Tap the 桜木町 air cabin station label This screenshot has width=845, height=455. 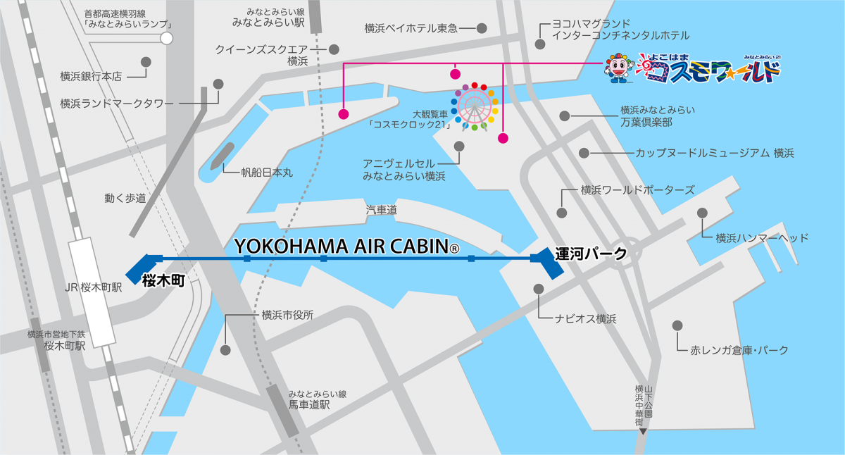coord(163,280)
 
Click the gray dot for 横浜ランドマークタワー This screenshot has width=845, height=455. coord(218,84)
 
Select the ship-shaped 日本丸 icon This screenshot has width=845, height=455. coord(218,160)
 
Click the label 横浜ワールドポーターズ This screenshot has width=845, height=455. coord(637,190)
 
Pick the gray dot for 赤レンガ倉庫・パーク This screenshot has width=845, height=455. coord(677,325)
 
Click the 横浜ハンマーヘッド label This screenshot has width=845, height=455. coord(761,238)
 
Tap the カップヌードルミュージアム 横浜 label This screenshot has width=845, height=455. coord(715,153)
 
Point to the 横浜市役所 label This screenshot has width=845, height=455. coord(287,315)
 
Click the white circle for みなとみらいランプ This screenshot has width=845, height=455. coord(167,38)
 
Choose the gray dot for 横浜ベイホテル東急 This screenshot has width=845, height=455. coord(482,29)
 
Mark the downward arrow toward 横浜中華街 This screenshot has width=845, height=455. coord(642,430)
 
